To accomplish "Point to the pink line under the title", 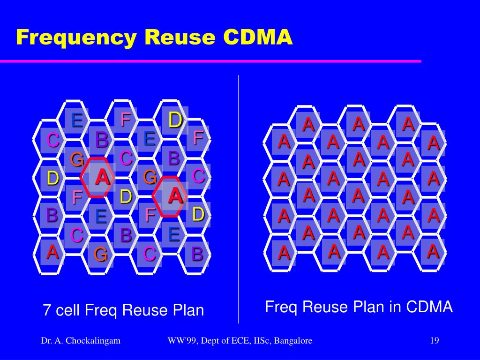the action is tap(211, 61).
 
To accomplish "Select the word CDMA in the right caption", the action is tap(429, 307).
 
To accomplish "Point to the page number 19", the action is tap(434, 341).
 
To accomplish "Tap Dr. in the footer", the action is tap(46, 341).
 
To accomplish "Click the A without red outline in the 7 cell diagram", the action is tap(52, 252).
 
